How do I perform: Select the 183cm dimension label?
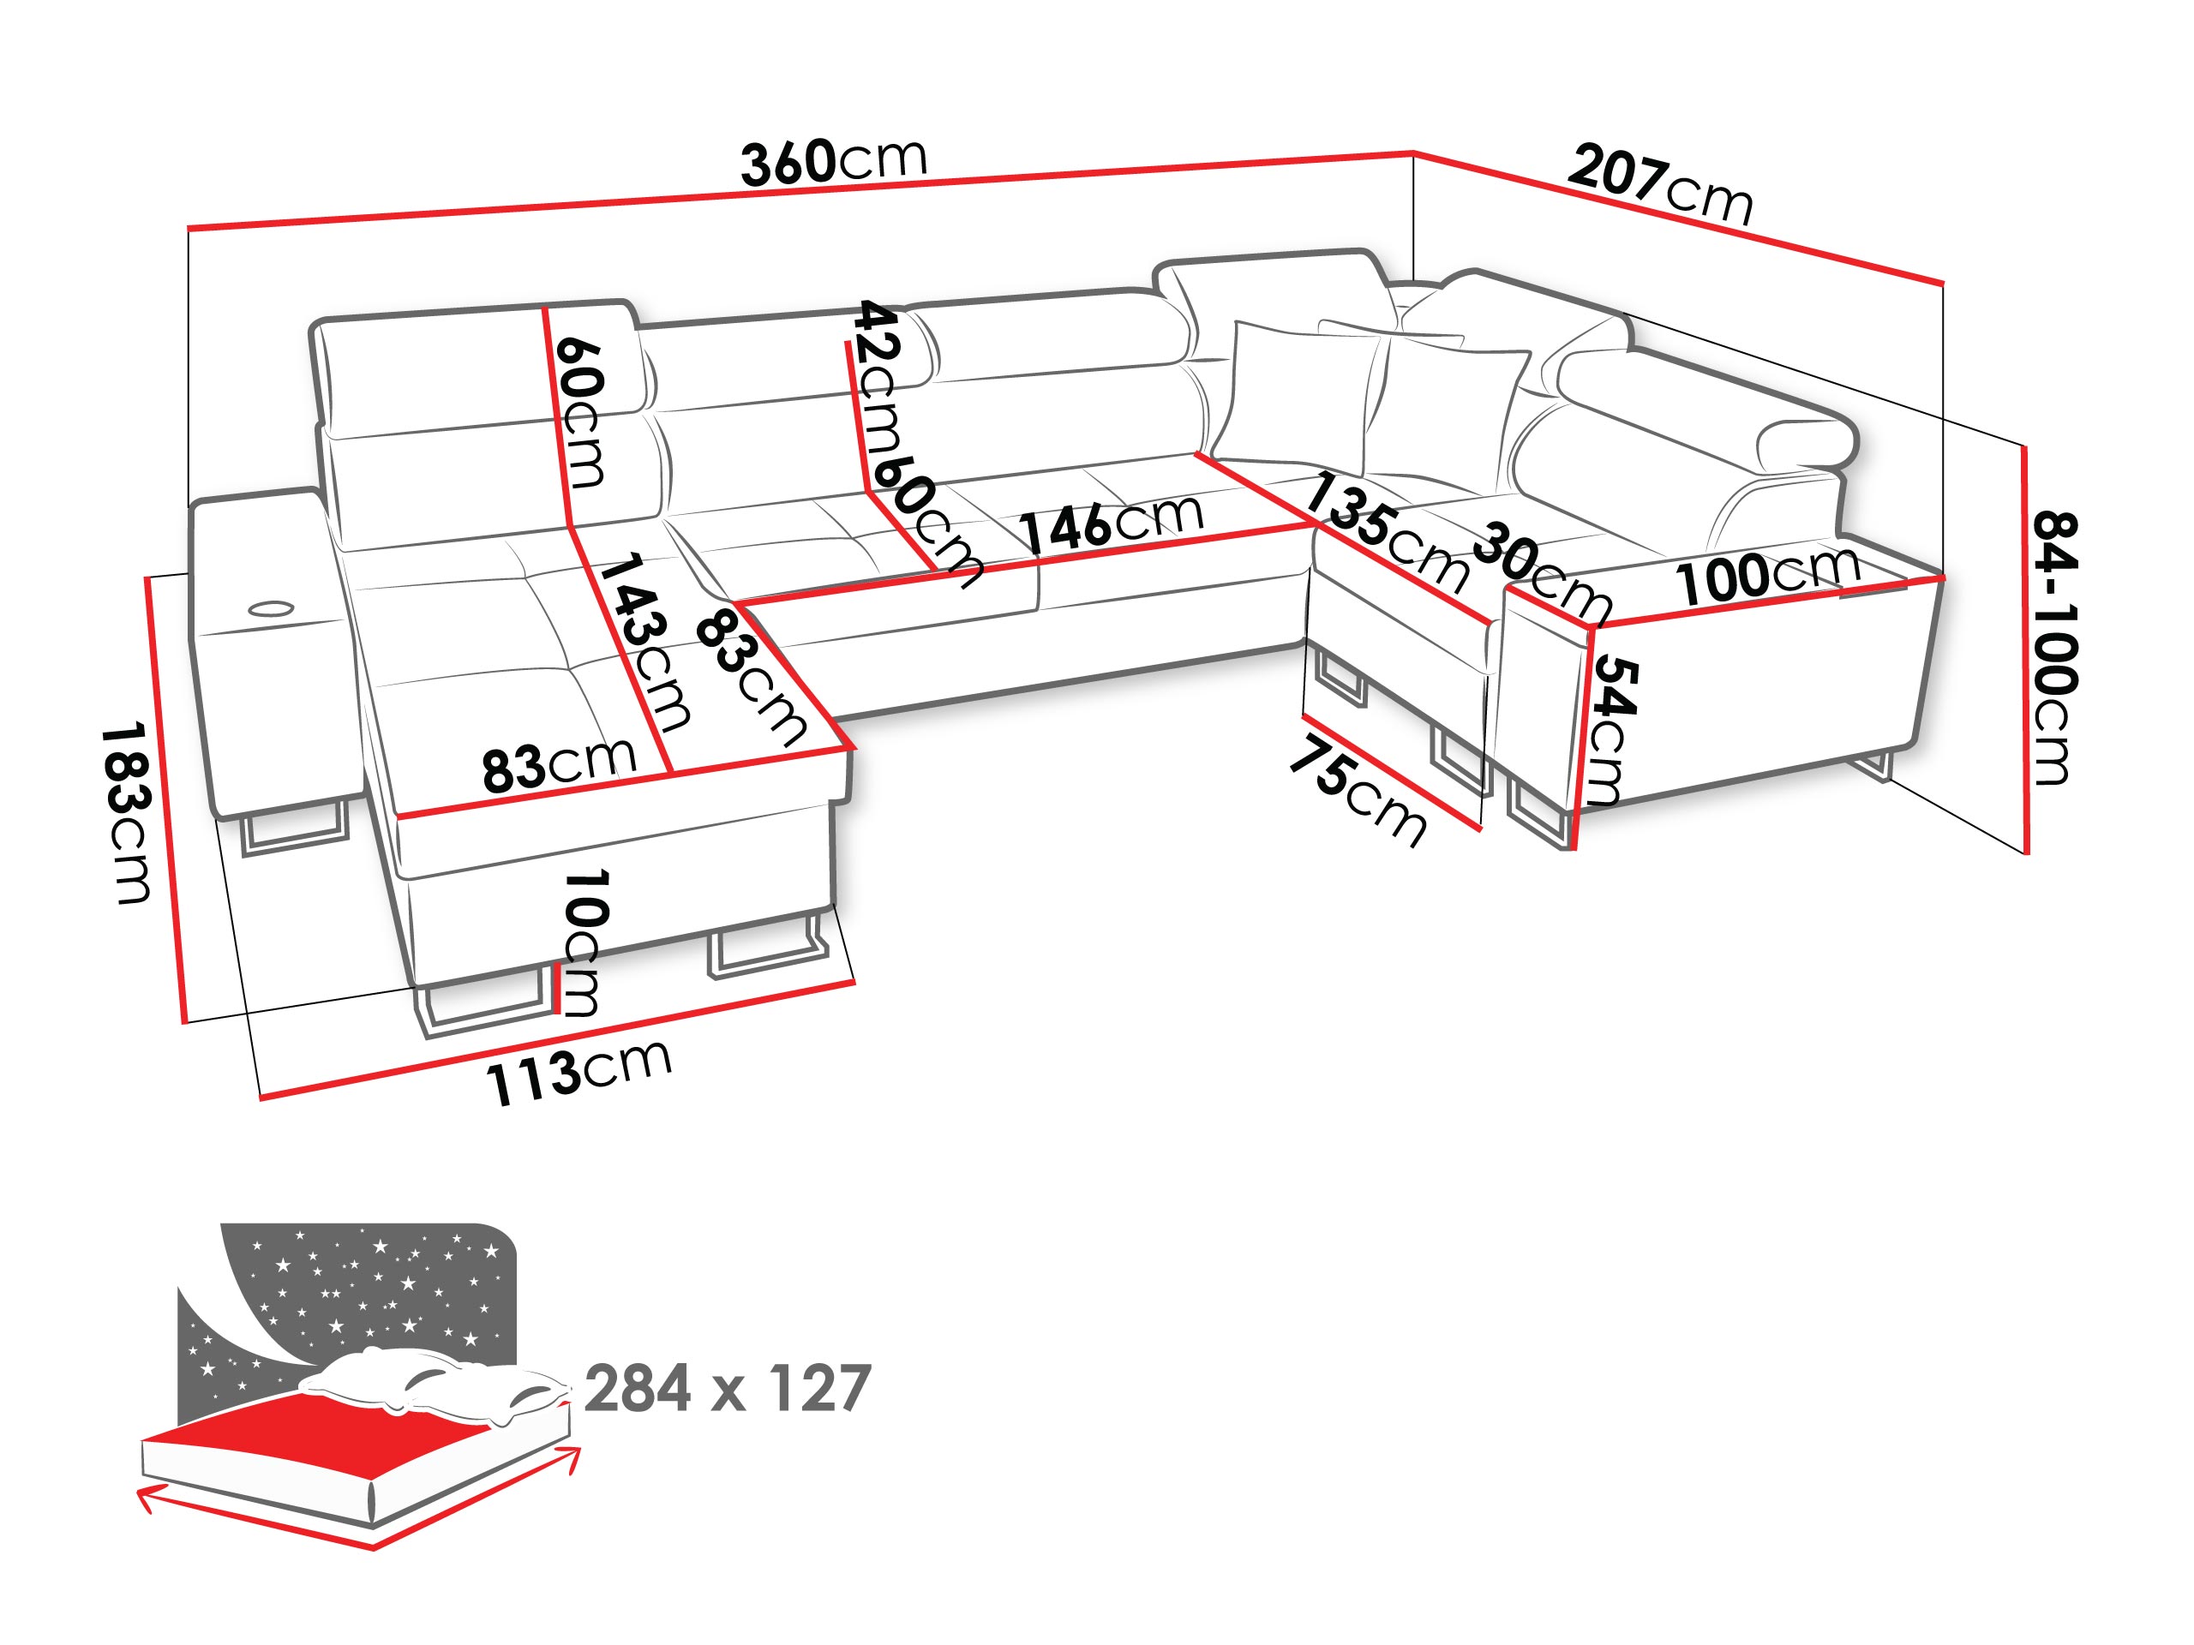click(x=127, y=813)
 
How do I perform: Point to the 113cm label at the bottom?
click(x=578, y=1072)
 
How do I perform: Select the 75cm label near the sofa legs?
click(x=1358, y=790)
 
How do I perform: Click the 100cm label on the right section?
click(x=1767, y=573)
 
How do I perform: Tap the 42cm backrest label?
click(x=878, y=377)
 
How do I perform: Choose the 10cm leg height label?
click(x=584, y=943)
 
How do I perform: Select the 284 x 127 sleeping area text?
click(x=728, y=1388)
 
